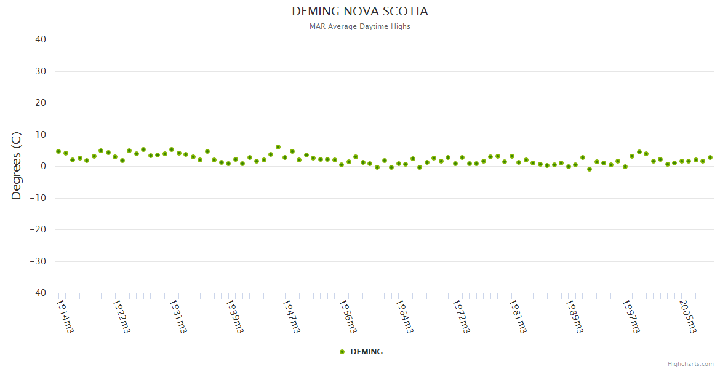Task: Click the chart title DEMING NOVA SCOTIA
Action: [360, 12]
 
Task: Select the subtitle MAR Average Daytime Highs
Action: [360, 26]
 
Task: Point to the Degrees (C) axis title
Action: [17, 166]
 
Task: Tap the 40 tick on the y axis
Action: [41, 39]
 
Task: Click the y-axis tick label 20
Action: [41, 103]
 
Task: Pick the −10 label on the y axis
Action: [38, 198]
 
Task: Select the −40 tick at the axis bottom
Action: [38, 293]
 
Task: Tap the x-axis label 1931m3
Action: [178, 316]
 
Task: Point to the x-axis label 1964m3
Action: [405, 316]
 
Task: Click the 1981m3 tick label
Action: [518, 316]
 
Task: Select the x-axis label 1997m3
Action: [631, 316]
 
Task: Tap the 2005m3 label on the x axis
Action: [688, 316]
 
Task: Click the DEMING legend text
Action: [366, 352]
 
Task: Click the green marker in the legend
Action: [342, 352]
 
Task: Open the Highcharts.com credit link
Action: [690, 364]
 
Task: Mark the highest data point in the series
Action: [278, 147]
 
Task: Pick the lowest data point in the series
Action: [589, 169]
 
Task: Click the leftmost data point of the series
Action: [58, 151]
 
